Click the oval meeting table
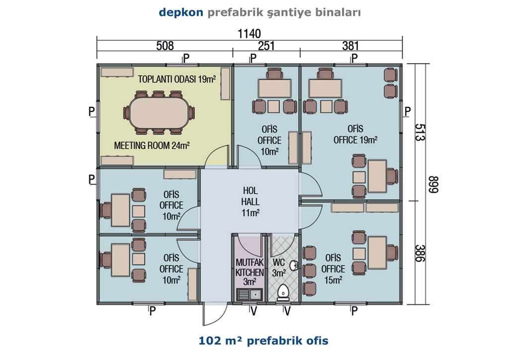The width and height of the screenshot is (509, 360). point(159,113)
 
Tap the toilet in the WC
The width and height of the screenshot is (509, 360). point(283,292)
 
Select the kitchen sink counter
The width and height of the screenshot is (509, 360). point(250,294)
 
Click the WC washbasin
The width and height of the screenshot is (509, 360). point(294,266)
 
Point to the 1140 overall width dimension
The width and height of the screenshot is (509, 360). point(249,33)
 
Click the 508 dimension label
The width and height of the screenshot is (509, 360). point(165,46)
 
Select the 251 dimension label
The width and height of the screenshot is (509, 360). point(266,46)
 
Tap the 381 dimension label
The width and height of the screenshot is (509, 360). point(350,46)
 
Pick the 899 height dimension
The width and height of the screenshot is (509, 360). point(433,184)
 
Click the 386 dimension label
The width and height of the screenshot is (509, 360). point(420,253)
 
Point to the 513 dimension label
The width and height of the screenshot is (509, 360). point(420,132)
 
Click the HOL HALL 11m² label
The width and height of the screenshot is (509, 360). point(251,201)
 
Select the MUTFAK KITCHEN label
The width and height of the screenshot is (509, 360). point(250,268)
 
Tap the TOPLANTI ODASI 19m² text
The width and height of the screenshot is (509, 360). point(177,79)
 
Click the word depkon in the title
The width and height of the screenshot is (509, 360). point(181,12)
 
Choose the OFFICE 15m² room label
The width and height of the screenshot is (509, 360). point(333,269)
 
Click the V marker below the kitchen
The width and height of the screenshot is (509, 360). point(254,311)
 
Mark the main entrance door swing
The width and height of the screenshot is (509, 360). point(215,314)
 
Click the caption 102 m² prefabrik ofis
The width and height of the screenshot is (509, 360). point(263,341)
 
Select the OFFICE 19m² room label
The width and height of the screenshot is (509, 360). point(355,134)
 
